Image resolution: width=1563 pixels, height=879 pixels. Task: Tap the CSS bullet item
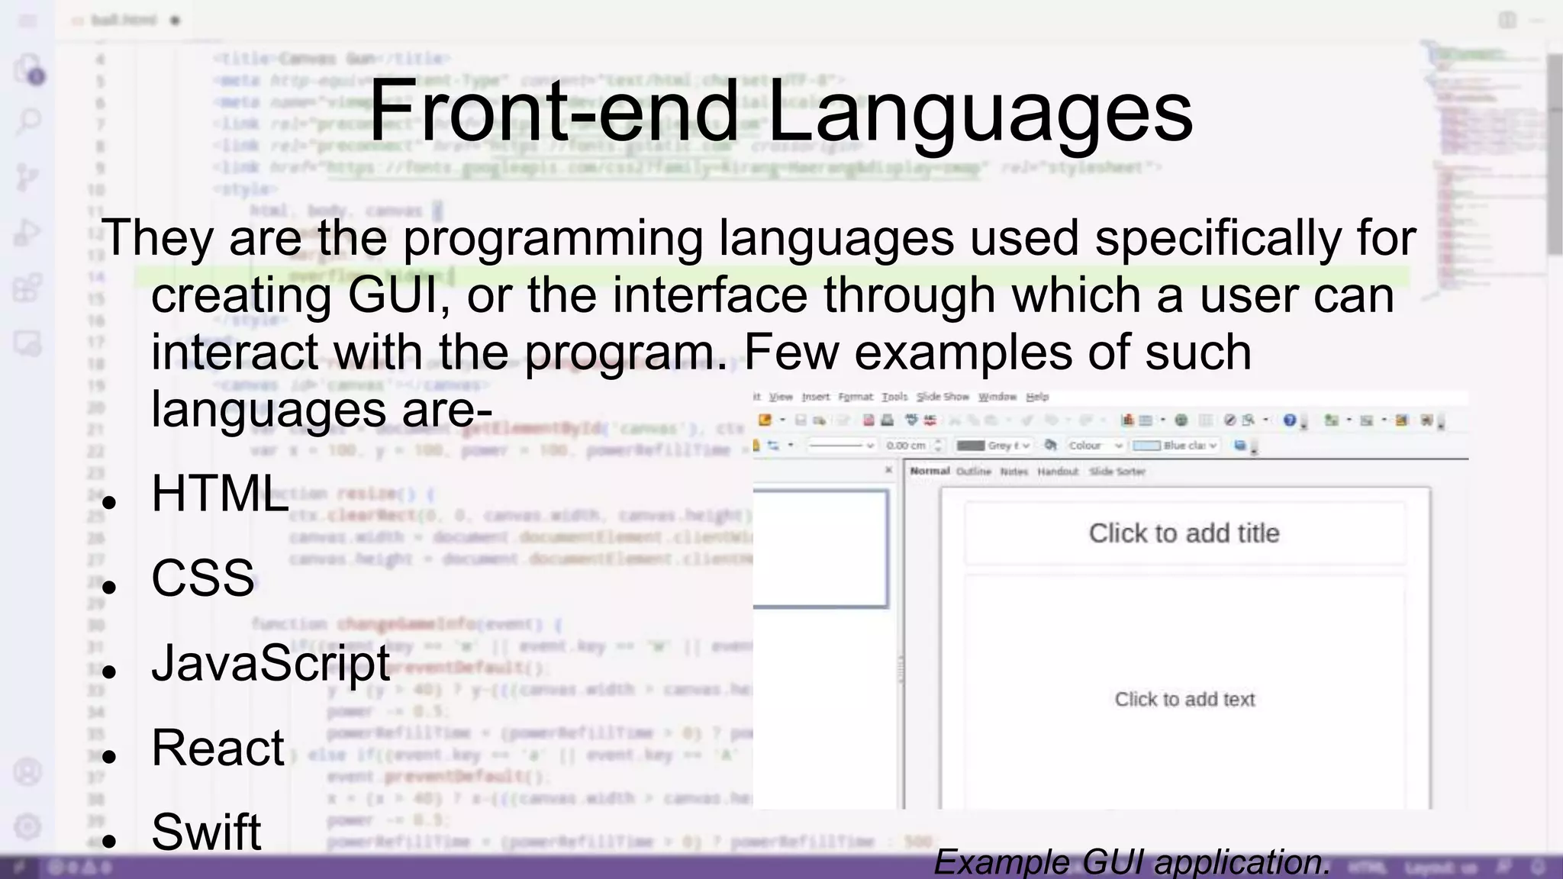[x=202, y=578]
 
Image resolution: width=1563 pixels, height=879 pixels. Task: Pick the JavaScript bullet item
[x=271, y=662]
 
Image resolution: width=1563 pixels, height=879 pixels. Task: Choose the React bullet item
[x=218, y=747]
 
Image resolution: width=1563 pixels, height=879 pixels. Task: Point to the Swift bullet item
[x=206, y=831]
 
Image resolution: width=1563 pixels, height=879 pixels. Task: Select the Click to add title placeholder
[x=1184, y=533]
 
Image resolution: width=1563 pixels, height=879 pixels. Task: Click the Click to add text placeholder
[x=1184, y=699]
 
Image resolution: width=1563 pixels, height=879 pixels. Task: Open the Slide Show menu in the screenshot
[x=942, y=397]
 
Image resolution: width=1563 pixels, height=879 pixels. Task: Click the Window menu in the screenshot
[x=997, y=397]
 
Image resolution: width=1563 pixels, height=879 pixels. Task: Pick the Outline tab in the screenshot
[x=973, y=472]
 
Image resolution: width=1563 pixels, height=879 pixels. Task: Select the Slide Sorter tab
[x=1117, y=472]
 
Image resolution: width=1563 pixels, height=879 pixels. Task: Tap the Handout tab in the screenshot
[x=1058, y=472]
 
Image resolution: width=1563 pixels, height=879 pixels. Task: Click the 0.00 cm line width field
[x=907, y=446]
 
